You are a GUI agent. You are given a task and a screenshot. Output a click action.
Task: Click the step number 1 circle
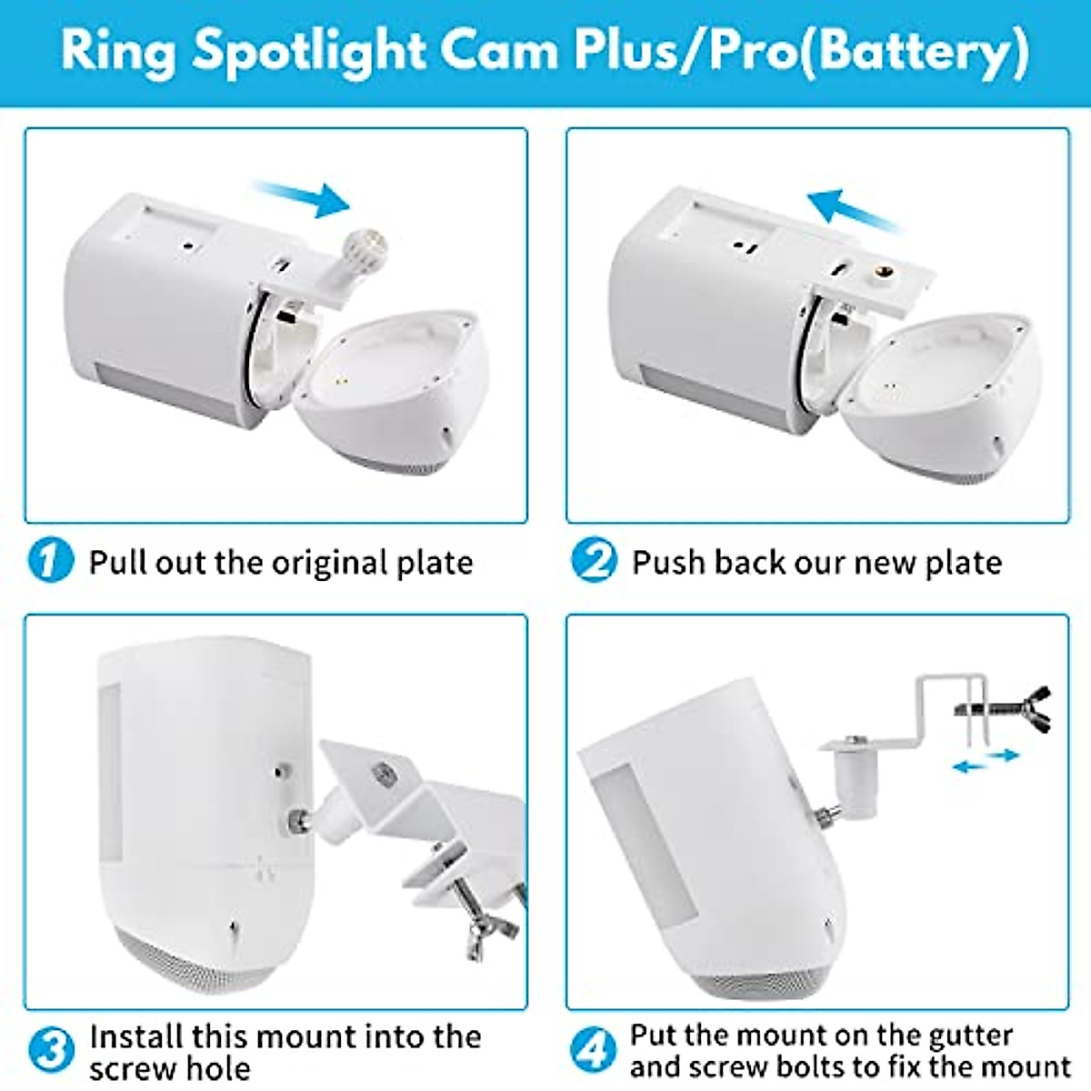[x=50, y=560]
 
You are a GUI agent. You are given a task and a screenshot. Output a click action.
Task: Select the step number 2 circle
[x=594, y=560]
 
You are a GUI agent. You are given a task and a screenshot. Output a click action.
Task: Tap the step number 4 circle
[x=593, y=1050]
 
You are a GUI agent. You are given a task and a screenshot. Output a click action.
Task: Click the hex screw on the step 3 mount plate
[x=382, y=774]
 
